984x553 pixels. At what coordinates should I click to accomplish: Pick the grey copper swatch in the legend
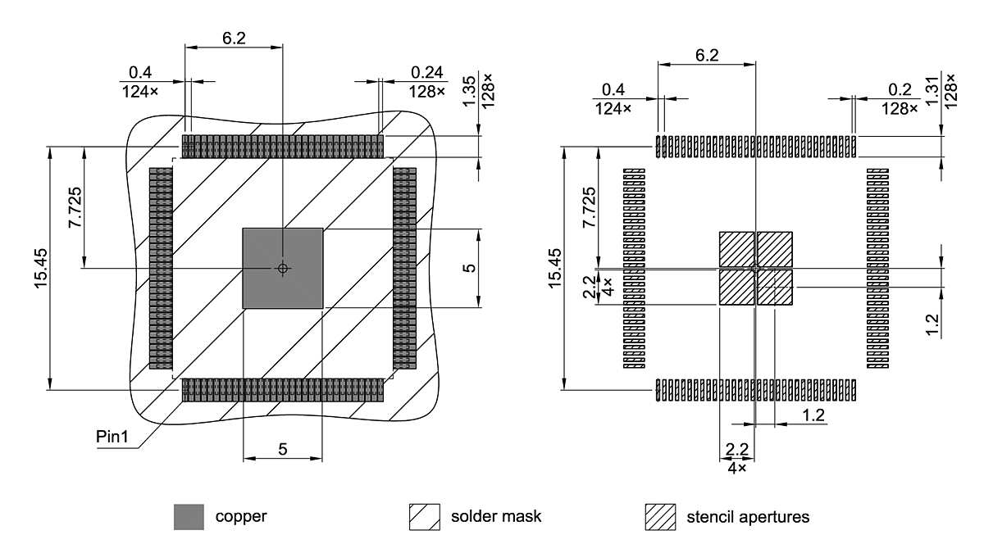pos(189,517)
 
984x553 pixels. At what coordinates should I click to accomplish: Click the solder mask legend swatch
pos(425,517)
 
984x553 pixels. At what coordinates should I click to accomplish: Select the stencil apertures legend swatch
pos(660,517)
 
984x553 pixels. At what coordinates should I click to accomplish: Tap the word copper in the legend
pos(241,517)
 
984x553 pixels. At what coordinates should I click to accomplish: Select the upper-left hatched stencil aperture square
pos(736,249)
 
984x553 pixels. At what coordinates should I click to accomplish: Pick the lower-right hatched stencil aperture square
pos(774,288)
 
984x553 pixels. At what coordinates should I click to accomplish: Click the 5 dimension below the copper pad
pos(282,448)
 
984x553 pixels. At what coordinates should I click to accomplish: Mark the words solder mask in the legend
pos(496,517)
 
